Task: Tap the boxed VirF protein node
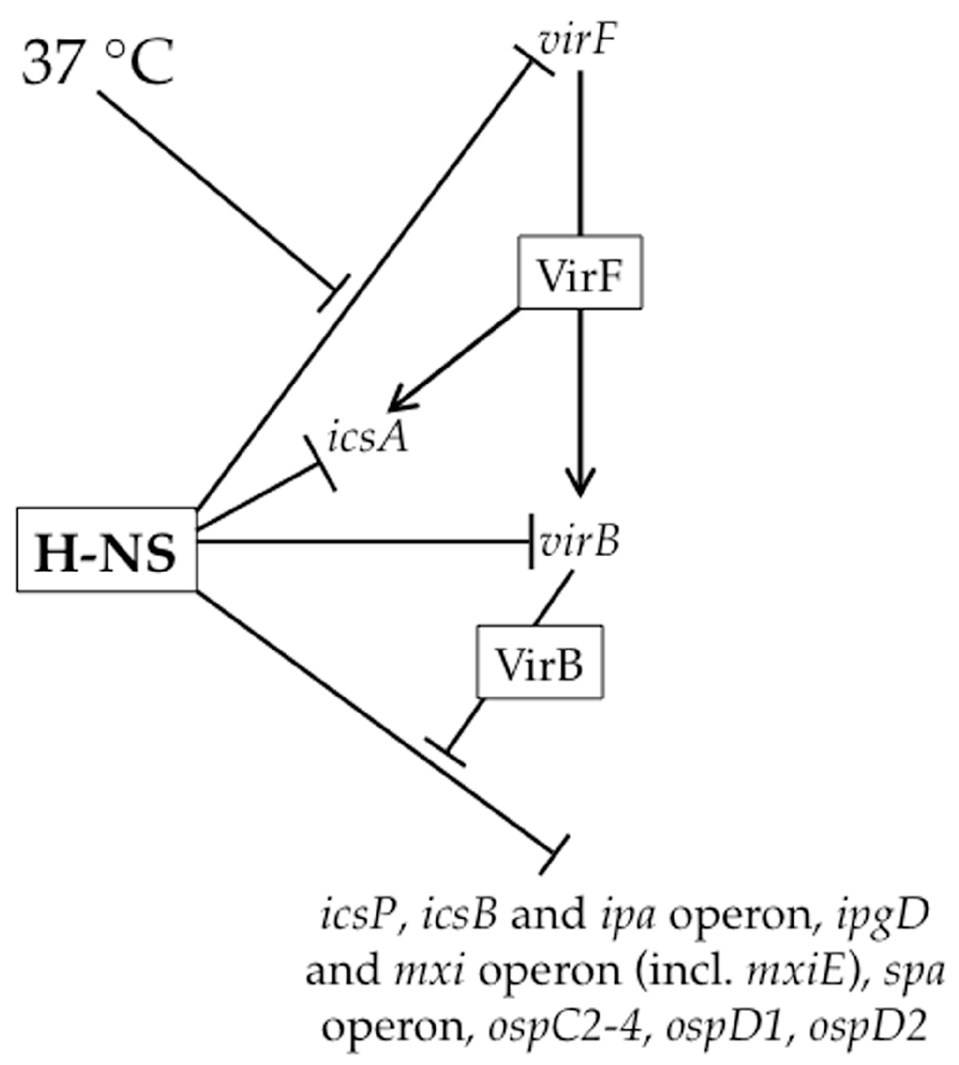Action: click(580, 272)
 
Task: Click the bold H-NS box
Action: click(106, 550)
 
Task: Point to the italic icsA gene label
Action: click(368, 436)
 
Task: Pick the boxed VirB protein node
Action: click(540, 662)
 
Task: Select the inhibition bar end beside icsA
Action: click(321, 464)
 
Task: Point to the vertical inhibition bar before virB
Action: click(531, 541)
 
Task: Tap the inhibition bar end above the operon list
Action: click(554, 855)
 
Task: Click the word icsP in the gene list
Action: click(357, 915)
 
